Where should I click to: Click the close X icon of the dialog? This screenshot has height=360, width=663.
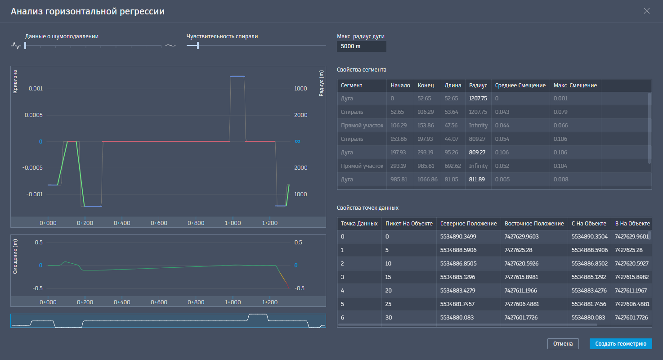tap(647, 11)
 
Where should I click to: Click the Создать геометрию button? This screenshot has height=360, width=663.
tap(621, 344)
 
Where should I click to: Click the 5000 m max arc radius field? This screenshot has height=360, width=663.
tap(361, 46)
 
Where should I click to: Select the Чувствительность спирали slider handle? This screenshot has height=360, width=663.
tap(198, 45)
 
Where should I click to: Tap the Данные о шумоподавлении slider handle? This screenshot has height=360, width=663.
tap(25, 45)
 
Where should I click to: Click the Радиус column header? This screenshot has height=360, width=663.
tap(478, 85)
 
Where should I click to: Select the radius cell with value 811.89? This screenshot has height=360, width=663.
tap(477, 180)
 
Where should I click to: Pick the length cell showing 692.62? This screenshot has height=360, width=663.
tap(452, 166)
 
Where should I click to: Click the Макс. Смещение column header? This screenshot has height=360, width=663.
tap(575, 85)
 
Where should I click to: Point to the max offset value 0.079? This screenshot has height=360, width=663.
tap(560, 112)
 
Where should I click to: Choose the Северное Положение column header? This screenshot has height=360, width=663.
tap(468, 224)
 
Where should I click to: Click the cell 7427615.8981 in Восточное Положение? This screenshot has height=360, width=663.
tap(521, 277)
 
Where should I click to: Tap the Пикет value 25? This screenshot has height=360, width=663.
tap(388, 304)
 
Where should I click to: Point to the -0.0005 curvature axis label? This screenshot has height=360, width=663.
tap(32, 168)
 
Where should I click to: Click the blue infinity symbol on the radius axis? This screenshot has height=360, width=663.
tap(297, 141)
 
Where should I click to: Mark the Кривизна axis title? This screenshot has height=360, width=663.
tap(15, 82)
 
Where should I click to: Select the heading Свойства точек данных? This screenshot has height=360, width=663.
tap(367, 208)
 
